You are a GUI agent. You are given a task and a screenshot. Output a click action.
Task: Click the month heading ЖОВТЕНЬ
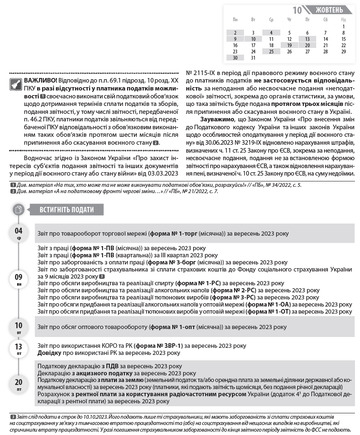(330, 10)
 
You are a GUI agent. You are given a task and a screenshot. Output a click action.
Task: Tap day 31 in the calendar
(253, 58)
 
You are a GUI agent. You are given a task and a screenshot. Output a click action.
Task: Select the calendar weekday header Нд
(343, 20)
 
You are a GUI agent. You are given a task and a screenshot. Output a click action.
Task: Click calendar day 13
(307, 39)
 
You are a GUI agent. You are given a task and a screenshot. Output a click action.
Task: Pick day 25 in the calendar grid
(271, 52)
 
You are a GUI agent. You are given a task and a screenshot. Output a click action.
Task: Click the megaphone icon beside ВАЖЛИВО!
(16, 84)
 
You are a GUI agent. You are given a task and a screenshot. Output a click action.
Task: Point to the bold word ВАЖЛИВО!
(40, 80)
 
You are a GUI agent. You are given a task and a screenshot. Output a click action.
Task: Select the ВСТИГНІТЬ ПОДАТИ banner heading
(67, 210)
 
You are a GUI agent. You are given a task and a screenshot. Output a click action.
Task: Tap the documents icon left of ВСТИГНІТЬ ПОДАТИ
(18, 210)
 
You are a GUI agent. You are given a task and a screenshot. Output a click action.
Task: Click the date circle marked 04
(19, 233)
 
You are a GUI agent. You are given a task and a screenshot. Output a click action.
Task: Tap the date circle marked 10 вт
(19, 327)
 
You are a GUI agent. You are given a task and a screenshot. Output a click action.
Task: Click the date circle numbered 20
(19, 384)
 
